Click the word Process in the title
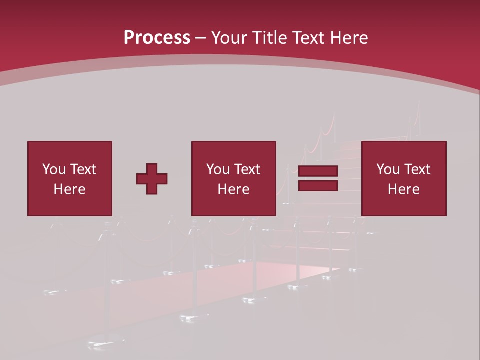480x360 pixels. [x=157, y=38]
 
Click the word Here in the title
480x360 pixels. [x=349, y=38]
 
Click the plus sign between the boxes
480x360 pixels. [x=152, y=179]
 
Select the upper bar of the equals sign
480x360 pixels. [x=318, y=171]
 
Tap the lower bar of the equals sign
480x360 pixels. [x=318, y=186]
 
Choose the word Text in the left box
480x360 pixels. [x=83, y=169]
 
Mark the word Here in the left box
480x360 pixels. [x=69, y=189]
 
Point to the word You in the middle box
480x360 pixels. [x=218, y=169]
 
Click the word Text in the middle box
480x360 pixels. [x=247, y=169]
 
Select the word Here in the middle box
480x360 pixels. [x=233, y=189]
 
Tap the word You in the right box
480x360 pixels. [x=388, y=169]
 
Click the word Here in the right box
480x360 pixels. [x=403, y=189]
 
